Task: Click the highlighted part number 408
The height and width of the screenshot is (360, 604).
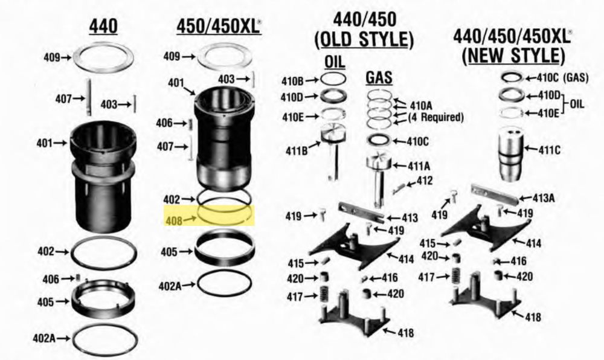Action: point(174,221)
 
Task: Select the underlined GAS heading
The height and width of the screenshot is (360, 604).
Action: point(379,78)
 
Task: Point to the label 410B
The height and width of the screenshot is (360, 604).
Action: point(292,81)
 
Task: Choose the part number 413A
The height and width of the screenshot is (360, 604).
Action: point(544,198)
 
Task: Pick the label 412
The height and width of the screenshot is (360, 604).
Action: point(424,180)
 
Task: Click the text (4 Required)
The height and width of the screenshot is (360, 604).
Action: point(435,117)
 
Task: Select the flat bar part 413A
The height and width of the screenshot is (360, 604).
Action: point(495,194)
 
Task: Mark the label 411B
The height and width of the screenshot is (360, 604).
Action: point(297,151)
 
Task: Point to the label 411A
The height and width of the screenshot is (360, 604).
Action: point(419,166)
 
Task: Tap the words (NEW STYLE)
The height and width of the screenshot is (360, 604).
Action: point(513,56)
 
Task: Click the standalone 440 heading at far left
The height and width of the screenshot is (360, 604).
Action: point(103,27)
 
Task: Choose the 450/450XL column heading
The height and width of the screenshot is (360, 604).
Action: point(219,27)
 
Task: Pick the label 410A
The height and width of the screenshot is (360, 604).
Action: point(420,105)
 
